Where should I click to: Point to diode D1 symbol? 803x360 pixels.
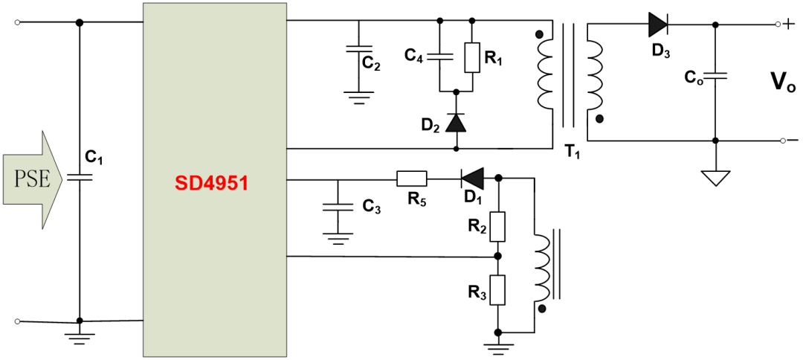tap(472, 179)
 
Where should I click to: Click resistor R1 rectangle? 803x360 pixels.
tap(471, 57)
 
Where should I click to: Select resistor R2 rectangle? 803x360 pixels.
tap(498, 227)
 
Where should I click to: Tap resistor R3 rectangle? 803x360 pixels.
tap(498, 290)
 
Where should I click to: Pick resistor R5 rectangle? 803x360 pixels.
tap(411, 179)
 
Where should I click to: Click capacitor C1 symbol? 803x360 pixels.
tap(80, 177)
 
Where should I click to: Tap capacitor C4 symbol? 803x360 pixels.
tap(439, 56)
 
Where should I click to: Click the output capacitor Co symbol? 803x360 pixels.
tap(715, 76)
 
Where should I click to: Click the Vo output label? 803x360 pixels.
tap(781, 81)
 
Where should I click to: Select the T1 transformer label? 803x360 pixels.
tap(571, 151)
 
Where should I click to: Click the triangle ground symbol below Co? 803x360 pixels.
tap(715, 179)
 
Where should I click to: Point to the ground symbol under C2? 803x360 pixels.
tap(358, 96)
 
